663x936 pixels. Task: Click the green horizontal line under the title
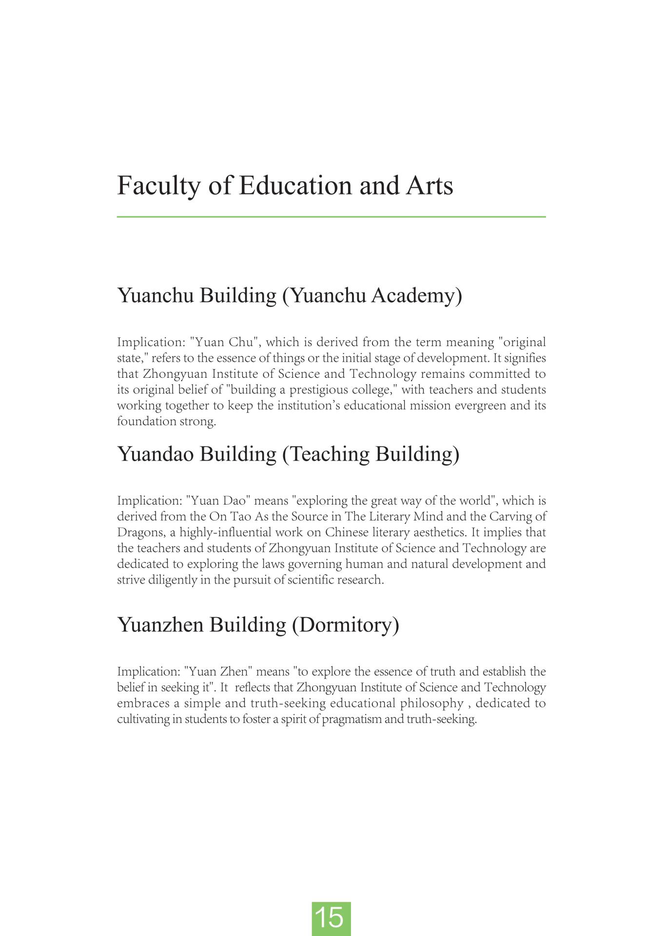click(331, 216)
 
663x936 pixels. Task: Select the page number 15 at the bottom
click(331, 918)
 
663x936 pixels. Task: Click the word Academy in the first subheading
click(416, 295)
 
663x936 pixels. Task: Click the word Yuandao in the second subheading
click(156, 454)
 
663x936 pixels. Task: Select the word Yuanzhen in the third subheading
click(160, 624)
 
